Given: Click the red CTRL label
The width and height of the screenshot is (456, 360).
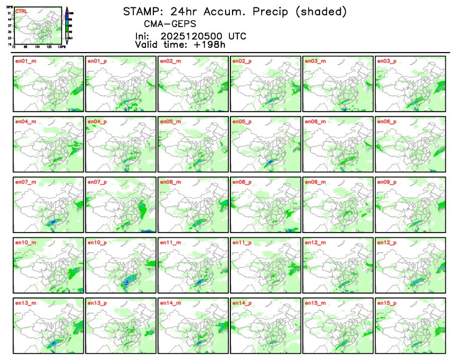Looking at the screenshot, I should tap(22, 11).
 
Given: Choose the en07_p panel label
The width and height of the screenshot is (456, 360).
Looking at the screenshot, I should tap(97, 182).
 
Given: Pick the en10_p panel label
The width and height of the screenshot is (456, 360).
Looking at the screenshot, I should tap(97, 243).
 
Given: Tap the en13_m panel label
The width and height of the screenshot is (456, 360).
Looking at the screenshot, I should tap(24, 303).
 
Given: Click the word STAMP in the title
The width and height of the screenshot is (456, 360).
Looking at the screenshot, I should tap(140, 12).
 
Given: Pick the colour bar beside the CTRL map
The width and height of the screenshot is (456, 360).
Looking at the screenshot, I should tap(66, 25).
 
